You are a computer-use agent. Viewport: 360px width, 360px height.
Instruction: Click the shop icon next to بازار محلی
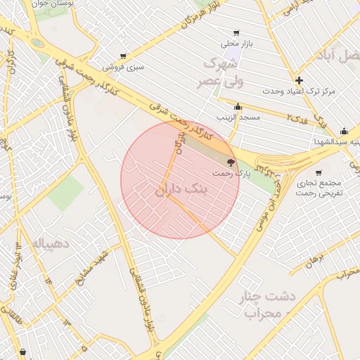236,32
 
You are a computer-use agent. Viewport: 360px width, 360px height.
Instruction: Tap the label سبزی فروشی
124,67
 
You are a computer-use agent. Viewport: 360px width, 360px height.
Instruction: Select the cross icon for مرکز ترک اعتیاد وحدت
300,80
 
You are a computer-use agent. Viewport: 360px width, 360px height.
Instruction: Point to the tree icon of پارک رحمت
231,162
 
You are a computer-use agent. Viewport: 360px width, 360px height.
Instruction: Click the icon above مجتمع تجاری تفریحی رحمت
319,172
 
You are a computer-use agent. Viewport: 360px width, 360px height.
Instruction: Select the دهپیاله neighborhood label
49,243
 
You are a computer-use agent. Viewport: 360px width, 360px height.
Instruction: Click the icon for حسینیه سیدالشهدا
344,131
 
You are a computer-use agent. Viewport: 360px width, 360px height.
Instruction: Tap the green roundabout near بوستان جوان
37,43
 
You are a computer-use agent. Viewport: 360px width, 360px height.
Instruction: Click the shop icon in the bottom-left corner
23,351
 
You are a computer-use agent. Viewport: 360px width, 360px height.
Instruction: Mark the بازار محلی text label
236,44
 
